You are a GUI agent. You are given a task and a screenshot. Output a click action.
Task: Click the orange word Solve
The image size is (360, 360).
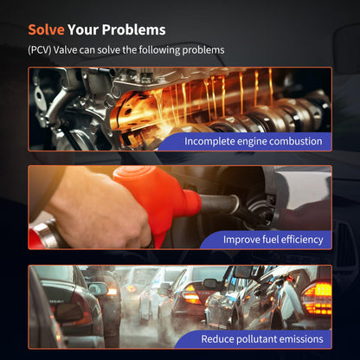pyautogui.click(x=46, y=29)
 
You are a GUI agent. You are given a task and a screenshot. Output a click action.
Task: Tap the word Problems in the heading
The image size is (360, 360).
pyautogui.click(x=134, y=29)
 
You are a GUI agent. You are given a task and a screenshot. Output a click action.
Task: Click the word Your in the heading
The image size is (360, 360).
pyautogui.click(x=83, y=29)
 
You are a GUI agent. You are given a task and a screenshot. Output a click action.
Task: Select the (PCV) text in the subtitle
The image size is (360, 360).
pyautogui.click(x=40, y=50)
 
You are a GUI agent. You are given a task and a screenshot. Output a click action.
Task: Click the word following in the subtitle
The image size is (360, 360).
pyautogui.click(x=159, y=50)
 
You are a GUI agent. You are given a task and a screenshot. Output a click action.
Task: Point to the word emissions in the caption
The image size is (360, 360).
pyautogui.click(x=305, y=339)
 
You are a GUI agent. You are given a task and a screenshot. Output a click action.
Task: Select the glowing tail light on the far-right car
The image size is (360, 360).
pyautogui.click(x=317, y=298)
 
